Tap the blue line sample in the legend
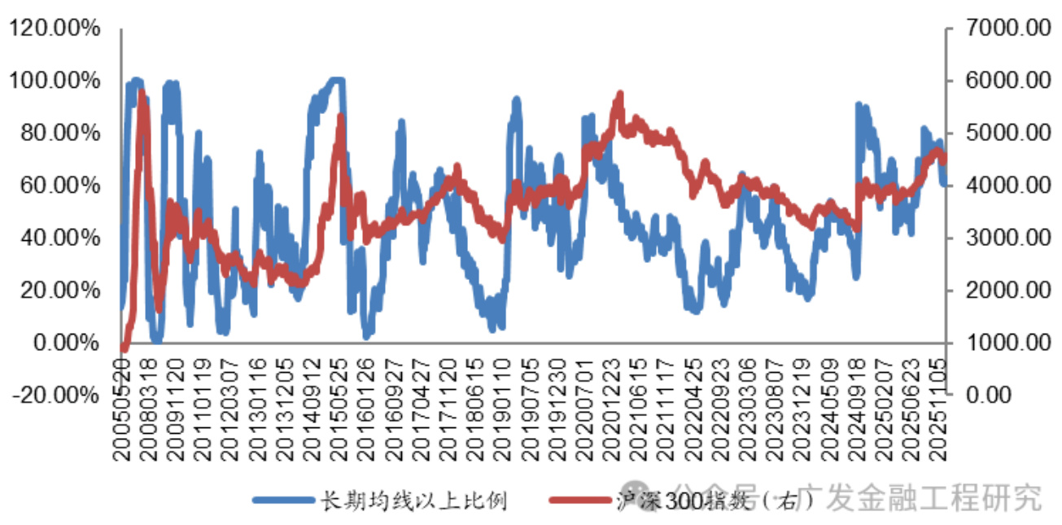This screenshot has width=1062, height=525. [x=282, y=500]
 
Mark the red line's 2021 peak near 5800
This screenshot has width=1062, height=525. [x=620, y=95]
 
